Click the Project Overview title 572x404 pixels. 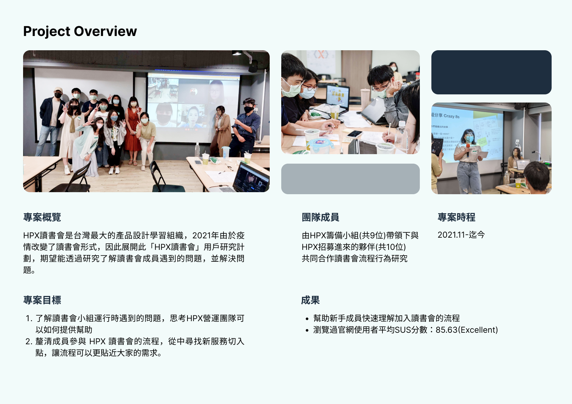click(80, 31)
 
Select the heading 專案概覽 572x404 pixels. click(42, 217)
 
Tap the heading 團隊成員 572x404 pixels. click(320, 217)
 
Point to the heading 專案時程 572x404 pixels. click(456, 217)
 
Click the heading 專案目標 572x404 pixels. click(42, 300)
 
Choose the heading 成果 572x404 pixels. click(310, 300)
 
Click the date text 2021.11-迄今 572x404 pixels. click(461, 235)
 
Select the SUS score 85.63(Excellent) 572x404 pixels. click(467, 330)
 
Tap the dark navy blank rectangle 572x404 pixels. click(491, 72)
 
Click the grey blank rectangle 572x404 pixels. click(350, 179)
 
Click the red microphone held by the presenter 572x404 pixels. click(468, 150)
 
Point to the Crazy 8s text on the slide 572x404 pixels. click(451, 116)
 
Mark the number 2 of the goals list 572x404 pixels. click(28, 342)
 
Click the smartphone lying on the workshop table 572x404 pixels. click(354, 133)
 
